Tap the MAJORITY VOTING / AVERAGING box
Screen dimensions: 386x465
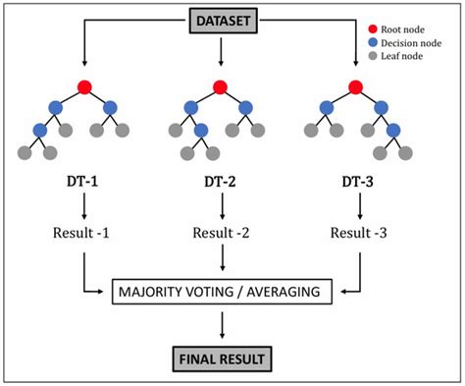coord(223,291)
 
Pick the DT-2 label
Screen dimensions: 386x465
coord(222,184)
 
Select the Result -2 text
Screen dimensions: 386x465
coord(222,234)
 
